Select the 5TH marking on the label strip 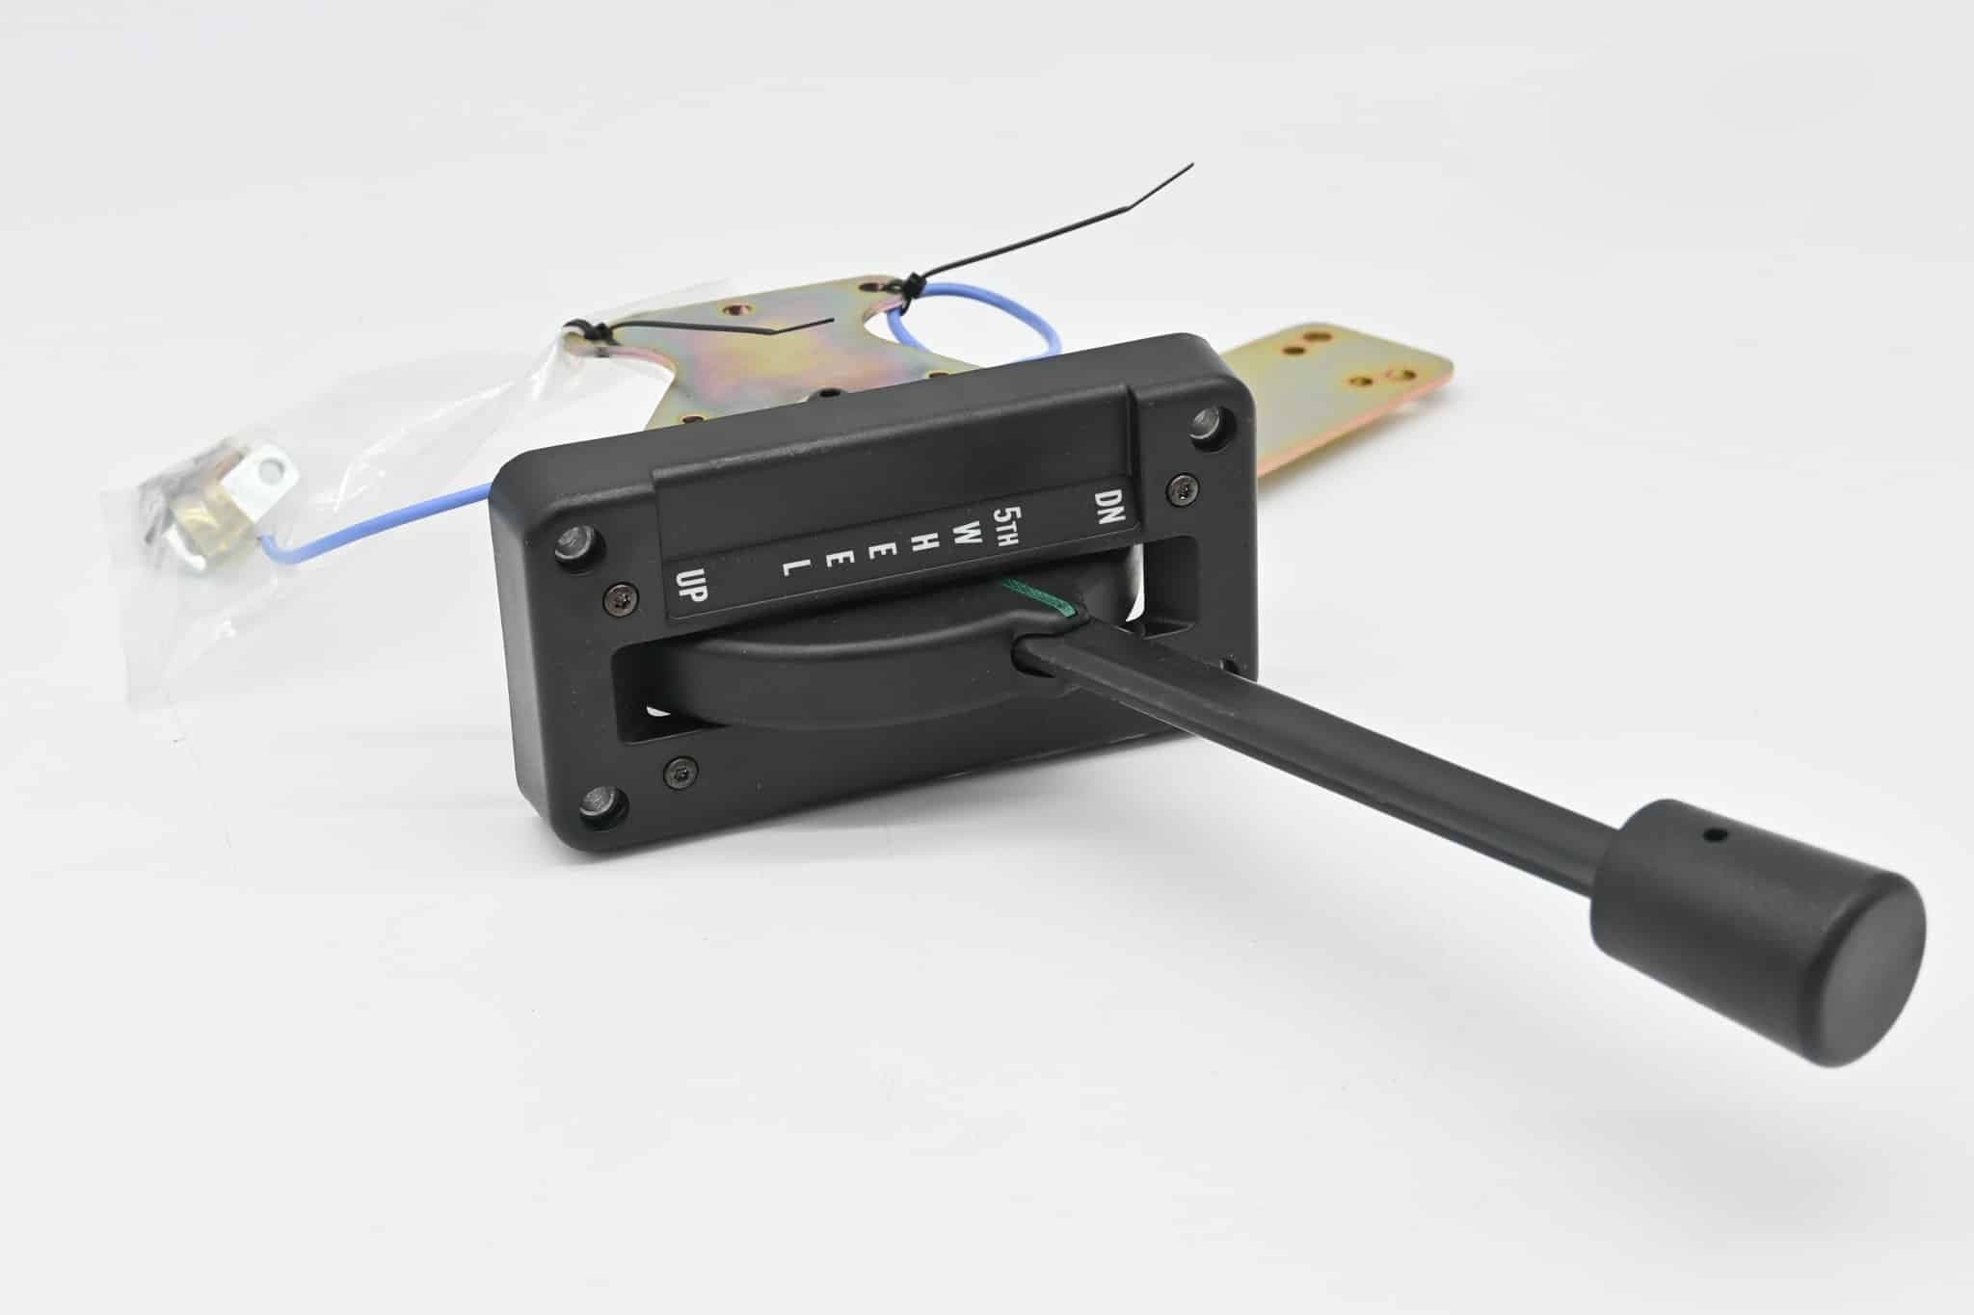(1011, 521)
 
